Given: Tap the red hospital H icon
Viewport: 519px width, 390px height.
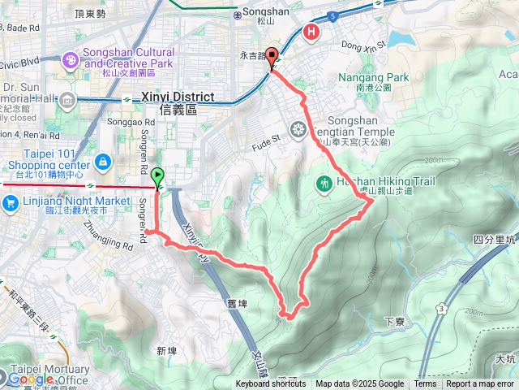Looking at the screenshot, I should [311, 32].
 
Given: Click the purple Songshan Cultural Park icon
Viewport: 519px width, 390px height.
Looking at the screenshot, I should [71, 58].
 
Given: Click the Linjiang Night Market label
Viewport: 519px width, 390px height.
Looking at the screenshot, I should [78, 201].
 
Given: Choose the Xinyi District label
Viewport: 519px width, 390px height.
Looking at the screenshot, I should [178, 97].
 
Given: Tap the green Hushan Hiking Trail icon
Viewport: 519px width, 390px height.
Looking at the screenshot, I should [324, 183].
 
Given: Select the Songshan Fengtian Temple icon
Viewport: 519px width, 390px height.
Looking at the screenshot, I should [299, 128].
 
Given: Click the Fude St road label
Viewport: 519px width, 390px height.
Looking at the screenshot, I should [264, 138].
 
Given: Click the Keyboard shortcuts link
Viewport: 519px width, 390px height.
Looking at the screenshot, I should [271, 384].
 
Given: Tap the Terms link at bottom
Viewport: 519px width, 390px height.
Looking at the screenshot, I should [425, 384].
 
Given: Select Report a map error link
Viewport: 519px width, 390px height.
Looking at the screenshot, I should [480, 384].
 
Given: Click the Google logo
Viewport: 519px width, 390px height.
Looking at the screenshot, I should [31, 379].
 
